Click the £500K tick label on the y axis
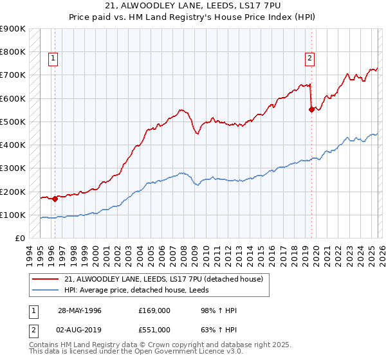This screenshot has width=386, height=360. pyautogui.click(x=13, y=122)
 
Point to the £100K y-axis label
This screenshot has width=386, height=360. pyautogui.click(x=13, y=215)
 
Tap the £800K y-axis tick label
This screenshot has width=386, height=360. pyautogui.click(x=13, y=51)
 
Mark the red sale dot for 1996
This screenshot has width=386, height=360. pyautogui.click(x=55, y=199)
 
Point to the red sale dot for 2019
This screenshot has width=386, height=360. pyautogui.click(x=311, y=109)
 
